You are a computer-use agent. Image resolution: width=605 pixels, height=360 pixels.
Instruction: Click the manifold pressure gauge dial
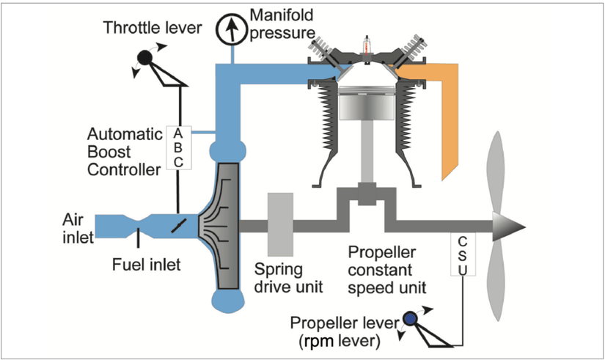coord(232,29)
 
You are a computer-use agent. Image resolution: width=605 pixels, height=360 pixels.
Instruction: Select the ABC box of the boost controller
coord(177,147)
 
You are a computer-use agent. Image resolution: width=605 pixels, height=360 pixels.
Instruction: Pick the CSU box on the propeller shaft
coord(463,255)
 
